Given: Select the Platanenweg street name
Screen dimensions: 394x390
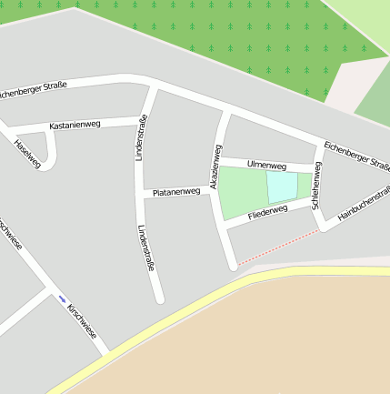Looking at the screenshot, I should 176,192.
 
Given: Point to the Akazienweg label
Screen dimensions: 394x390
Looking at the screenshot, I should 216,166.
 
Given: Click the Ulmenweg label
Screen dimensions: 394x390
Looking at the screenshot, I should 266,166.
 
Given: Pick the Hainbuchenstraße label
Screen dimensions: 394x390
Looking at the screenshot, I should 363,205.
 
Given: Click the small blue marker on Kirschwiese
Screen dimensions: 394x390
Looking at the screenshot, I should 63,298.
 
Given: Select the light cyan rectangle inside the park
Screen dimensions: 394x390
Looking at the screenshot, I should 282,187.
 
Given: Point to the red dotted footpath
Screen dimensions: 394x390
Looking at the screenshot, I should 277,247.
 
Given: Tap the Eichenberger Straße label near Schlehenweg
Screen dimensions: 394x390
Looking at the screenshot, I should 356,154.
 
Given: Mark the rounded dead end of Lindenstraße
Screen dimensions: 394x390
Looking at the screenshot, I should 160,298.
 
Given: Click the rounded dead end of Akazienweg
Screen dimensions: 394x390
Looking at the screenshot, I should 233,265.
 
